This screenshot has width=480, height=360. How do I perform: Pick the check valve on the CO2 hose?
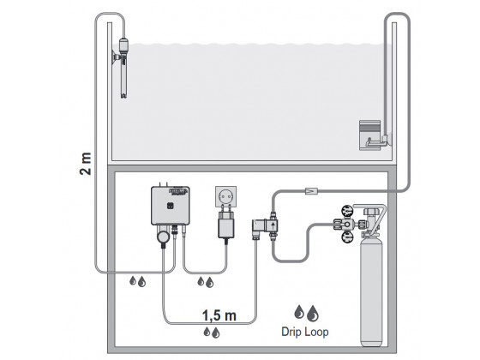pyautogui.click(x=311, y=188)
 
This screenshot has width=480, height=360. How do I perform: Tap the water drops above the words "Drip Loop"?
pyautogui.click(x=304, y=312)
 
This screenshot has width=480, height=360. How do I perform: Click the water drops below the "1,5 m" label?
pyautogui.click(x=210, y=329)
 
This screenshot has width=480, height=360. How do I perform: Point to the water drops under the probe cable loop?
pyautogui.click(x=136, y=280)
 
